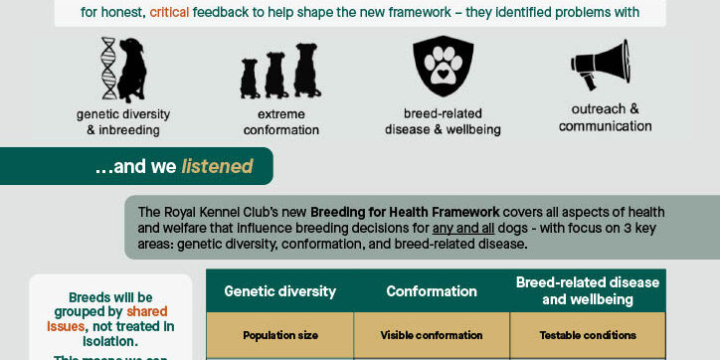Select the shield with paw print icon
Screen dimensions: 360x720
tap(443, 67)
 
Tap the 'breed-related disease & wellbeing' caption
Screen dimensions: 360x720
tap(445, 121)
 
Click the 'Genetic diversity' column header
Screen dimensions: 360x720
tap(279, 291)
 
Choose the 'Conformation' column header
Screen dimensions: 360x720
tap(432, 291)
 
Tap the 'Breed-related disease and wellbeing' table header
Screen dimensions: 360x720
tap(587, 290)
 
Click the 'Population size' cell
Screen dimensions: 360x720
tap(279, 335)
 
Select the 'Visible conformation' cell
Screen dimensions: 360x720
tap(432, 335)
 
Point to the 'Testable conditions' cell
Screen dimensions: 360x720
tap(587, 335)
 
